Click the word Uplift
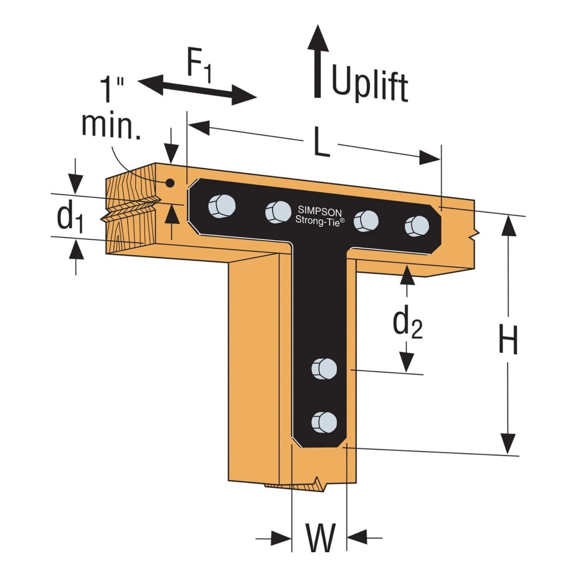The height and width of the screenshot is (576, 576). [x=369, y=85]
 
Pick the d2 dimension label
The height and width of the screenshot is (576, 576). [x=407, y=324]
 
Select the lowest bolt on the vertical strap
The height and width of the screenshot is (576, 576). [x=324, y=421]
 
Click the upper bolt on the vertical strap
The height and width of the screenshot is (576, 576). [x=324, y=369]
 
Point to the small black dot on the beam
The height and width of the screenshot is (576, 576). [x=169, y=183]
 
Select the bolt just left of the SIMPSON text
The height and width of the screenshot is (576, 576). [x=277, y=212]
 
